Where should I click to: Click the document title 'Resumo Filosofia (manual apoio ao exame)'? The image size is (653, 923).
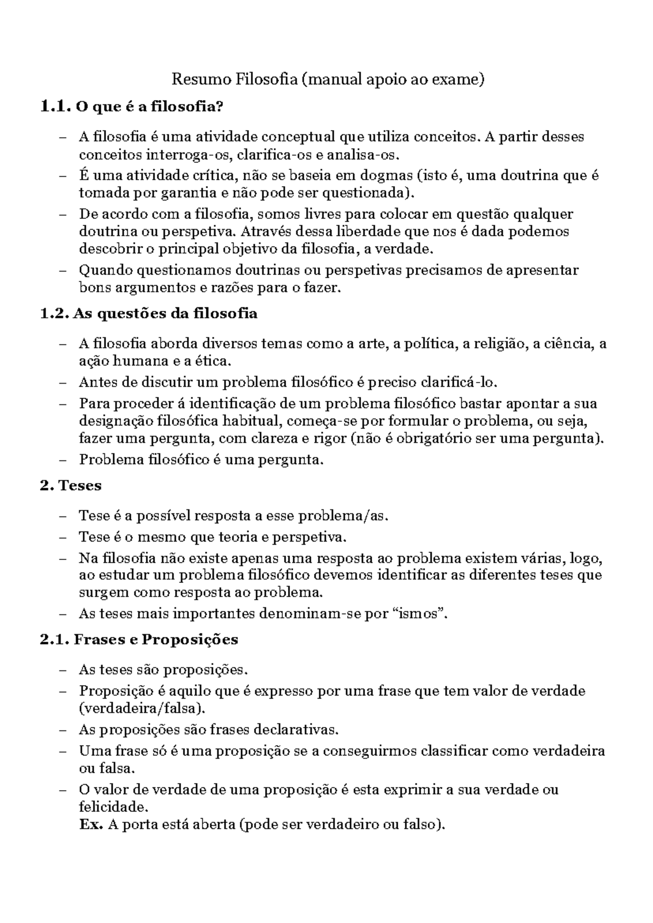(x=327, y=80)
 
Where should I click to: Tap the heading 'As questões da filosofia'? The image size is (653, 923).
(x=165, y=314)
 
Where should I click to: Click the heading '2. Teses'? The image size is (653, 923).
(x=71, y=485)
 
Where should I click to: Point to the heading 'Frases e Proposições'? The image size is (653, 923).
(x=156, y=639)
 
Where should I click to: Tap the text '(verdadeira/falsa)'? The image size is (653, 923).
(x=143, y=708)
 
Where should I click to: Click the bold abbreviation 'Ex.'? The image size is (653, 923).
(x=91, y=824)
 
